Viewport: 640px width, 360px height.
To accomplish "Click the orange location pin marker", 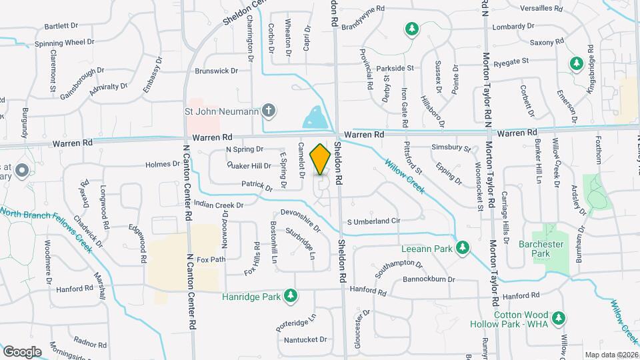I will click(321, 159).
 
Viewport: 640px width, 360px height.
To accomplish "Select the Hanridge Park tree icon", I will click(290, 295).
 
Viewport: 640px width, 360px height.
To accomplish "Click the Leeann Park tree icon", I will click(461, 249).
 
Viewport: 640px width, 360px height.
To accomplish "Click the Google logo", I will click(22, 351).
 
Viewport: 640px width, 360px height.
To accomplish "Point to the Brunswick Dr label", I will click(216, 71).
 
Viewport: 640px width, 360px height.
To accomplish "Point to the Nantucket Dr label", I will click(305, 339).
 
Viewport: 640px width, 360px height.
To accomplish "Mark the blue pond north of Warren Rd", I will click(314, 117).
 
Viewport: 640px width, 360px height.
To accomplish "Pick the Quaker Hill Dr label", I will click(249, 165).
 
